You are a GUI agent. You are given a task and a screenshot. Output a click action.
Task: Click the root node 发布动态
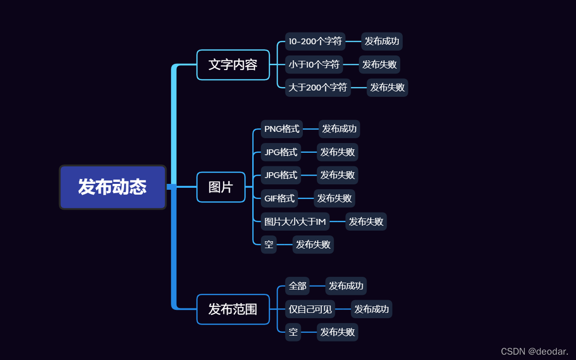112,187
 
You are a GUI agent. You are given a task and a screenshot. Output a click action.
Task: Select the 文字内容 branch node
233,65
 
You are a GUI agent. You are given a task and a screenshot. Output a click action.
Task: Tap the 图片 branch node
221,187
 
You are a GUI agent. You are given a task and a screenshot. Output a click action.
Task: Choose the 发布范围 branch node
233,309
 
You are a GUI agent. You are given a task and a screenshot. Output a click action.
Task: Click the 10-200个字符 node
315,41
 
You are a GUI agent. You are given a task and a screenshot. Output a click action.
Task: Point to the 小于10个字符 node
314,65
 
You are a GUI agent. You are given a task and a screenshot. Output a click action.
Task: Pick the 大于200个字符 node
317,88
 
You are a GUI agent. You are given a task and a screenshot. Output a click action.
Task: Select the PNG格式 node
281,129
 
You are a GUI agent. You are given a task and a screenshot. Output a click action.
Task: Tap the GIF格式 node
279,198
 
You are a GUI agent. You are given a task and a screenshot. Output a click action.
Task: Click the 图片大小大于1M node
295,222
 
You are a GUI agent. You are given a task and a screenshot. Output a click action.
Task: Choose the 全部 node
297,286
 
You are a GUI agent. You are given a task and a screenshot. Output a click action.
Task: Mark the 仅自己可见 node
310,309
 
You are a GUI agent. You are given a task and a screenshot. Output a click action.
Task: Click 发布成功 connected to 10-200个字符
382,41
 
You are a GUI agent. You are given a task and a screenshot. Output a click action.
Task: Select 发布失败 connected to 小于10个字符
379,65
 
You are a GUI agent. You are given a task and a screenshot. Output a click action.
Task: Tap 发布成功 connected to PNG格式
339,129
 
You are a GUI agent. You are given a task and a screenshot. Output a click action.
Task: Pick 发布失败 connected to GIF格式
334,198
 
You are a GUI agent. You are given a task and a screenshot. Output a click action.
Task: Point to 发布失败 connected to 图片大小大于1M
366,222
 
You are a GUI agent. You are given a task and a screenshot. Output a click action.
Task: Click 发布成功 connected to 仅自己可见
371,309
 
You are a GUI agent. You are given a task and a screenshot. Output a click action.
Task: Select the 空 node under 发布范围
293,332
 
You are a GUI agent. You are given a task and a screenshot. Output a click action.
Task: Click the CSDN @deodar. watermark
534,351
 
